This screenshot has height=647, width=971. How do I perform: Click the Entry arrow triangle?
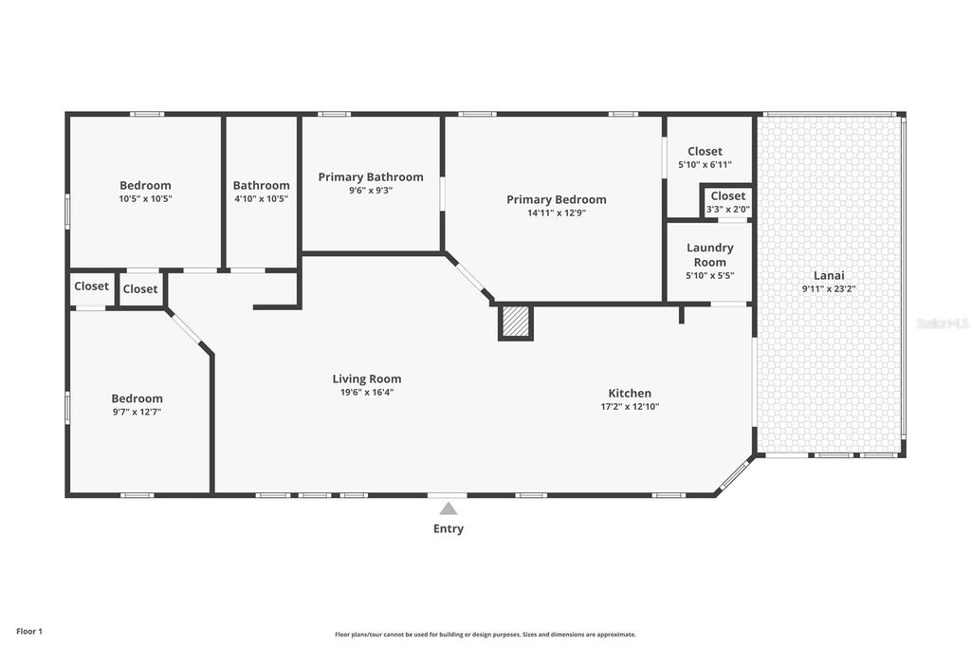[x=448, y=509]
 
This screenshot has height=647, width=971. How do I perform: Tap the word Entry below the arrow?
[x=449, y=529]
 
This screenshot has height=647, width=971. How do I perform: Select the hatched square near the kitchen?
[x=516, y=321]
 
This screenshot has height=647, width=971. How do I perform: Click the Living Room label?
[x=366, y=379]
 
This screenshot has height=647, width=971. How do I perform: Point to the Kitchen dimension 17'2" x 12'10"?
[x=630, y=407]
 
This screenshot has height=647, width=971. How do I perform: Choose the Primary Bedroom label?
[x=556, y=199]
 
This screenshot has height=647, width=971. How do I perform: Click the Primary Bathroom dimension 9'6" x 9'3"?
[x=370, y=191]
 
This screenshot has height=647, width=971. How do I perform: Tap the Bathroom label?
[x=261, y=186]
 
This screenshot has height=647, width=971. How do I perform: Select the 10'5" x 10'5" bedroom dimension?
[x=145, y=199]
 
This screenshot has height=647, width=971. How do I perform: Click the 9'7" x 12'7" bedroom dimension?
[x=137, y=413]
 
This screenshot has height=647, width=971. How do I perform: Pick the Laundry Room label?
[x=710, y=255]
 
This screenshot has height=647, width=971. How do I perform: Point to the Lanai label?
[x=829, y=274]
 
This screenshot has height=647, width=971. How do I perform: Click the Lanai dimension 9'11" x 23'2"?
[x=829, y=288]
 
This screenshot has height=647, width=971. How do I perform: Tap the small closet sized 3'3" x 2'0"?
[x=727, y=202]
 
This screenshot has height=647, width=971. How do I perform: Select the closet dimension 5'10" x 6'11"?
[x=705, y=165]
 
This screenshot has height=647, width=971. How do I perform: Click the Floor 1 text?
[x=29, y=632]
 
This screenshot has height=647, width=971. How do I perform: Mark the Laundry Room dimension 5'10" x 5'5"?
[x=709, y=276]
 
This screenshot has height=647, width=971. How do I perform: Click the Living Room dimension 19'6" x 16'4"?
[x=366, y=392]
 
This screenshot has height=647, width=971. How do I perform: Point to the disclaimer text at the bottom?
[x=485, y=635]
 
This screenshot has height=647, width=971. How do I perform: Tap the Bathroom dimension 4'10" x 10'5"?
[x=261, y=199]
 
